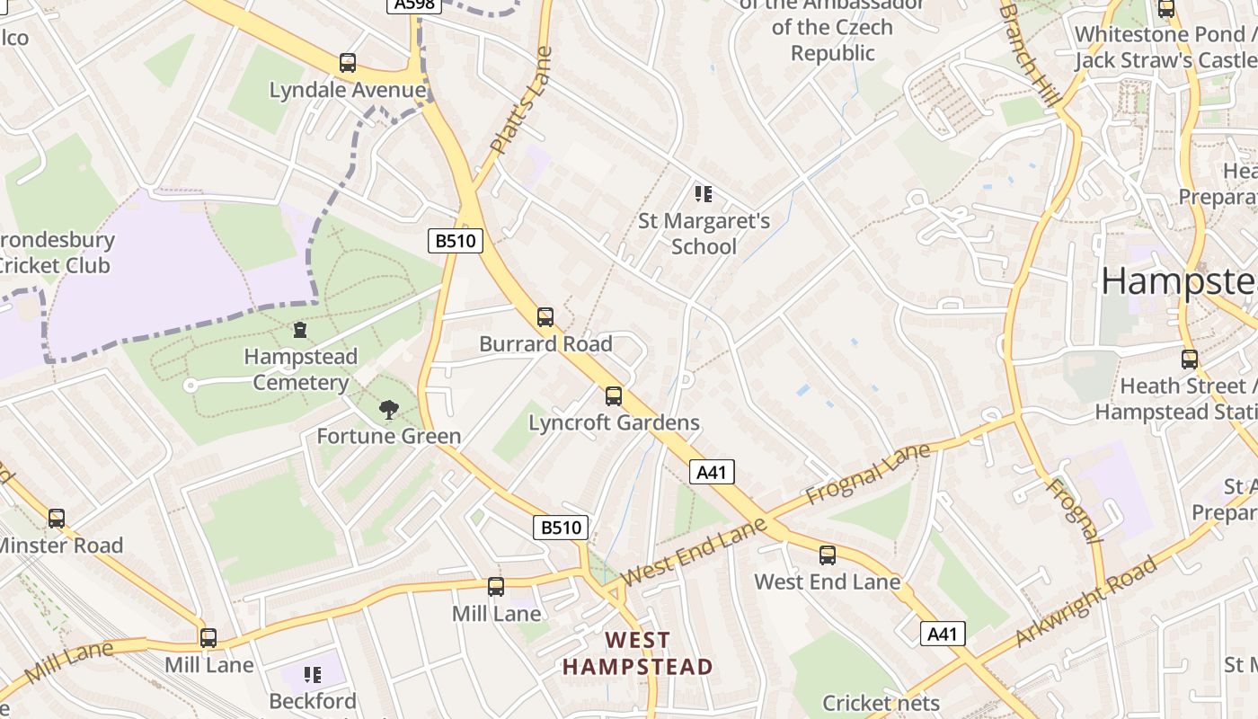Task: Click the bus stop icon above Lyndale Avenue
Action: (x=348, y=63)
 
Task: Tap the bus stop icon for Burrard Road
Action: (x=545, y=316)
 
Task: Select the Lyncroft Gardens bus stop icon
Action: (x=614, y=395)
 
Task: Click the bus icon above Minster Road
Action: (x=57, y=518)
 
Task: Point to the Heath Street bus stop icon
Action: (x=1190, y=359)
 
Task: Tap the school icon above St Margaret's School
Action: (x=704, y=193)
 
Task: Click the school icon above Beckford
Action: (x=313, y=674)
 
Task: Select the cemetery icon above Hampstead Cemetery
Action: (x=300, y=330)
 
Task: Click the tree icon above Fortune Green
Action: (x=388, y=410)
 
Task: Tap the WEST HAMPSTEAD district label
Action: (x=637, y=653)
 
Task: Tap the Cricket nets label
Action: (x=881, y=703)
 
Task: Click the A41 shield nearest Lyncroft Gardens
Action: (x=712, y=472)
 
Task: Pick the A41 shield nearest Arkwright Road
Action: (x=943, y=634)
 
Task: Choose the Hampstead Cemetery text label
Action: (x=300, y=369)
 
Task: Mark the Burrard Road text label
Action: (x=545, y=344)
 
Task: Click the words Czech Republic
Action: (x=832, y=40)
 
